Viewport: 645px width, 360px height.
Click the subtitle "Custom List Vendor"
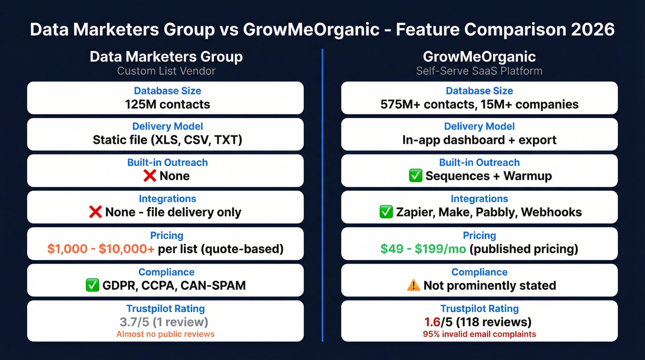pos(166,71)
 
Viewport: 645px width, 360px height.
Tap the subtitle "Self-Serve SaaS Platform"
pos(479,71)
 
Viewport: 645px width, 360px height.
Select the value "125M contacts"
pos(167,104)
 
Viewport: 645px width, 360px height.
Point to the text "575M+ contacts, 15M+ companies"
pos(479,104)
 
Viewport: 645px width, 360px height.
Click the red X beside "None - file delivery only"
pos(95,212)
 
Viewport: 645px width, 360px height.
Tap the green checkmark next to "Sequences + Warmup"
pos(416,176)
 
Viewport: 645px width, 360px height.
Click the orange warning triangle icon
pos(413,285)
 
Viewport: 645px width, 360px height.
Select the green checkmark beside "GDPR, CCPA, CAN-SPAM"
pos(93,285)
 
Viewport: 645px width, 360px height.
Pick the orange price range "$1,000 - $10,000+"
pos(101,249)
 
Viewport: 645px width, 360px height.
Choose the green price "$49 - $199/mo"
pos(423,249)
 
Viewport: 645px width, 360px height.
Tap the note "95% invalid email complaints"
pos(479,334)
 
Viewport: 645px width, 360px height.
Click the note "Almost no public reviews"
pos(165,334)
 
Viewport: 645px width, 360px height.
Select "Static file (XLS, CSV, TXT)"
pos(167,140)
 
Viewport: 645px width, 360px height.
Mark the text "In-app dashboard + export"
pos(479,140)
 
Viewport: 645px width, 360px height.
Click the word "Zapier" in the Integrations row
pos(413,212)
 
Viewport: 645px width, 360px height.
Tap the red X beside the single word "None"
pos(150,176)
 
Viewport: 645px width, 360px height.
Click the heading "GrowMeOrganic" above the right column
pos(479,57)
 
